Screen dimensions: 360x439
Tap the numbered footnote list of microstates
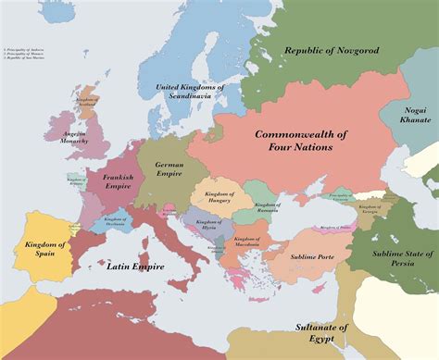[27, 48]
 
